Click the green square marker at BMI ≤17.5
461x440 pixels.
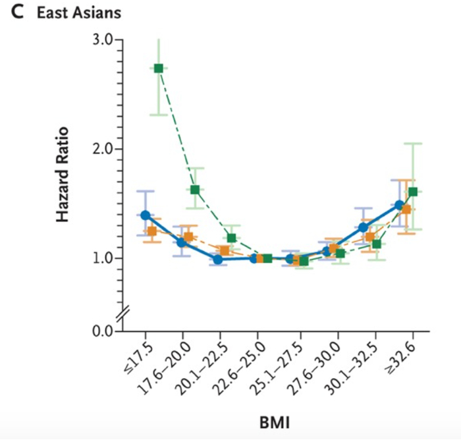click(x=158, y=69)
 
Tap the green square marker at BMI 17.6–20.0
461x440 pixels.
click(x=195, y=190)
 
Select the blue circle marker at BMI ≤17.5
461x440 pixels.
click(x=145, y=215)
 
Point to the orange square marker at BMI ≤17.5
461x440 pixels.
click(x=152, y=231)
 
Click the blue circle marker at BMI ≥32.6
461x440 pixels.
click(x=399, y=205)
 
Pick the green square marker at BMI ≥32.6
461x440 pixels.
click(x=413, y=192)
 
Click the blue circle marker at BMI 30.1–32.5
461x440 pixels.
click(x=362, y=227)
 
